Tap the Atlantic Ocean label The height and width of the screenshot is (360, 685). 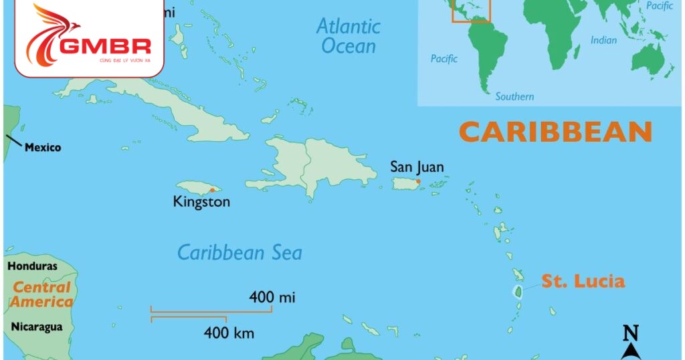click(x=349, y=36)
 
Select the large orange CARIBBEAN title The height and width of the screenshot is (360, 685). click(x=555, y=132)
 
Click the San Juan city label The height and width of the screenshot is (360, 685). click(x=417, y=167)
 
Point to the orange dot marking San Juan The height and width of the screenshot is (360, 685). click(x=418, y=181)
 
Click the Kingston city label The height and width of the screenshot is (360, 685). click(x=201, y=201)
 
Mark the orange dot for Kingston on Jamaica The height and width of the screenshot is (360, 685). click(x=212, y=190)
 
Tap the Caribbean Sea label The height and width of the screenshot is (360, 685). click(x=239, y=252)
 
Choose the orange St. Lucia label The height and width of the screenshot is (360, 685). click(x=583, y=281)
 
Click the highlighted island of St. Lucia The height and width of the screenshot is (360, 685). click(x=517, y=291)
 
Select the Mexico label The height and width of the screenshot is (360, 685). click(x=43, y=147)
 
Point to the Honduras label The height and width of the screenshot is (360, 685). click(x=32, y=266)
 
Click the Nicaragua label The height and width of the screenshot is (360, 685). click(x=36, y=327)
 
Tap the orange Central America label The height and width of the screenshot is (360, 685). click(x=41, y=294)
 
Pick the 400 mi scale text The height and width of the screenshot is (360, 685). click(x=272, y=296)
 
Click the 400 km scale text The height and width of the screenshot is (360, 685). click(x=229, y=332)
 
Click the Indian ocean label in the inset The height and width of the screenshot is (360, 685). click(x=603, y=40)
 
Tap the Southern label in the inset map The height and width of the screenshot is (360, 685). click(x=514, y=96)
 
